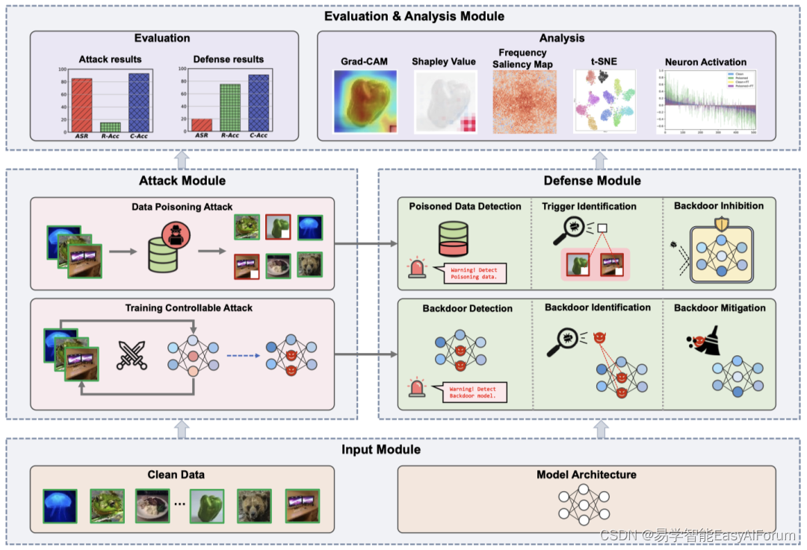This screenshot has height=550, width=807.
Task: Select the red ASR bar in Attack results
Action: click(x=81, y=105)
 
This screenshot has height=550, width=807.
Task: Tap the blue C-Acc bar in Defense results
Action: click(x=259, y=103)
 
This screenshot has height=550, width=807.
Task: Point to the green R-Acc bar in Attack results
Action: click(x=111, y=127)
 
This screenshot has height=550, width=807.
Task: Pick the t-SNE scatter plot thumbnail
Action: click(x=604, y=101)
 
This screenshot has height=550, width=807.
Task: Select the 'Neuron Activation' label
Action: click(x=705, y=62)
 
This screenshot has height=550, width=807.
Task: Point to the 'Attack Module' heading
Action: click(x=182, y=180)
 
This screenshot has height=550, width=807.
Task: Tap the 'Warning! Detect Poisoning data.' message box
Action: click(x=476, y=273)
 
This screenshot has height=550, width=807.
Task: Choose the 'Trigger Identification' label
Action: click(x=590, y=206)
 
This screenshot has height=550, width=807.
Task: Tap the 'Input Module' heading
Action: click(x=381, y=449)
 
